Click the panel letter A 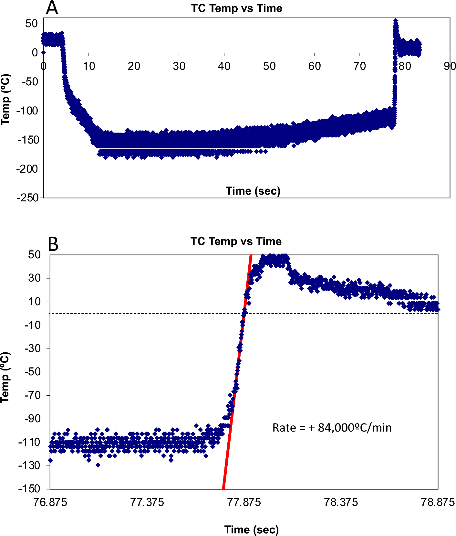(x=52, y=8)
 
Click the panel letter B (x=53, y=244)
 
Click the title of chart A (x=236, y=8)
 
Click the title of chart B (x=236, y=241)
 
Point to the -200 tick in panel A (x=27, y=169)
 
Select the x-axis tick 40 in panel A (x=224, y=66)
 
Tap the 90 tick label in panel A (x=450, y=66)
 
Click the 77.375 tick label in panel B (x=147, y=502)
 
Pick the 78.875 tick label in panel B (x=438, y=502)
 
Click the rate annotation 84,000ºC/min (x=332, y=428)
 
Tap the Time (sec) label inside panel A (x=253, y=191)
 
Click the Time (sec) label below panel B (x=251, y=530)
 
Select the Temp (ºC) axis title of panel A (x=5, y=100)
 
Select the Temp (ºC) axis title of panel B (x=5, y=377)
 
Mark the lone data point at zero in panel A (x=43, y=53)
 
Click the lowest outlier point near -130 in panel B (x=98, y=465)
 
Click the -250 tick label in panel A (x=28, y=198)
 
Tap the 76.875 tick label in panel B (x=50, y=502)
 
